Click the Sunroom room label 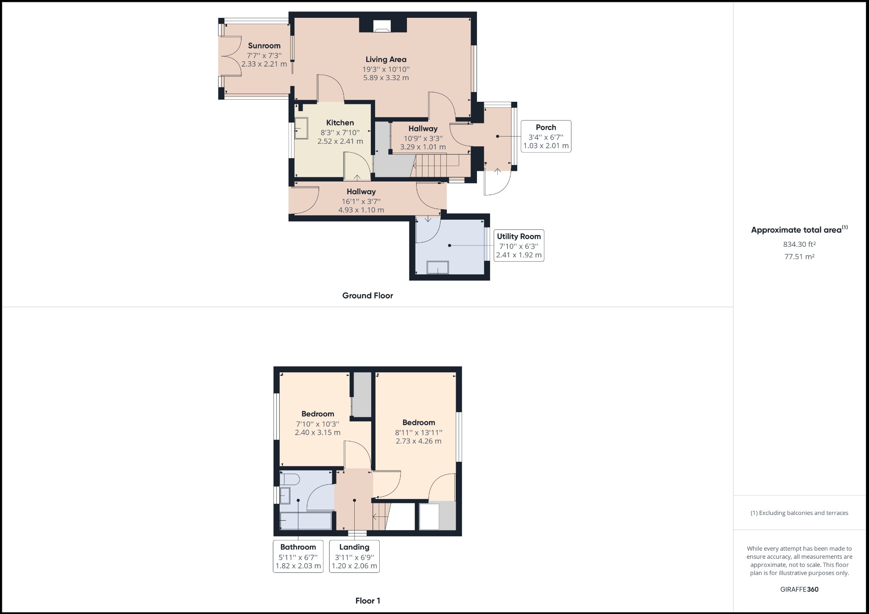[264, 46]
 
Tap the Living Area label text [386, 60]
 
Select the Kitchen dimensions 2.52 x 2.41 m [340, 141]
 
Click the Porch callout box [546, 136]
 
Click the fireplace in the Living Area [382, 26]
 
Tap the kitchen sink [302, 128]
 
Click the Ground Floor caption [367, 296]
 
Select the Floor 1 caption [368, 600]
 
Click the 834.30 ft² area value [799, 244]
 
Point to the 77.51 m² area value [799, 257]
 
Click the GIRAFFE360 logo [799, 589]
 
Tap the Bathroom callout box [298, 556]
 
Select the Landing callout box [354, 556]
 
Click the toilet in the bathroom [290, 479]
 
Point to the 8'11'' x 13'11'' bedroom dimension [419, 433]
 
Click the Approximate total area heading [799, 229]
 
